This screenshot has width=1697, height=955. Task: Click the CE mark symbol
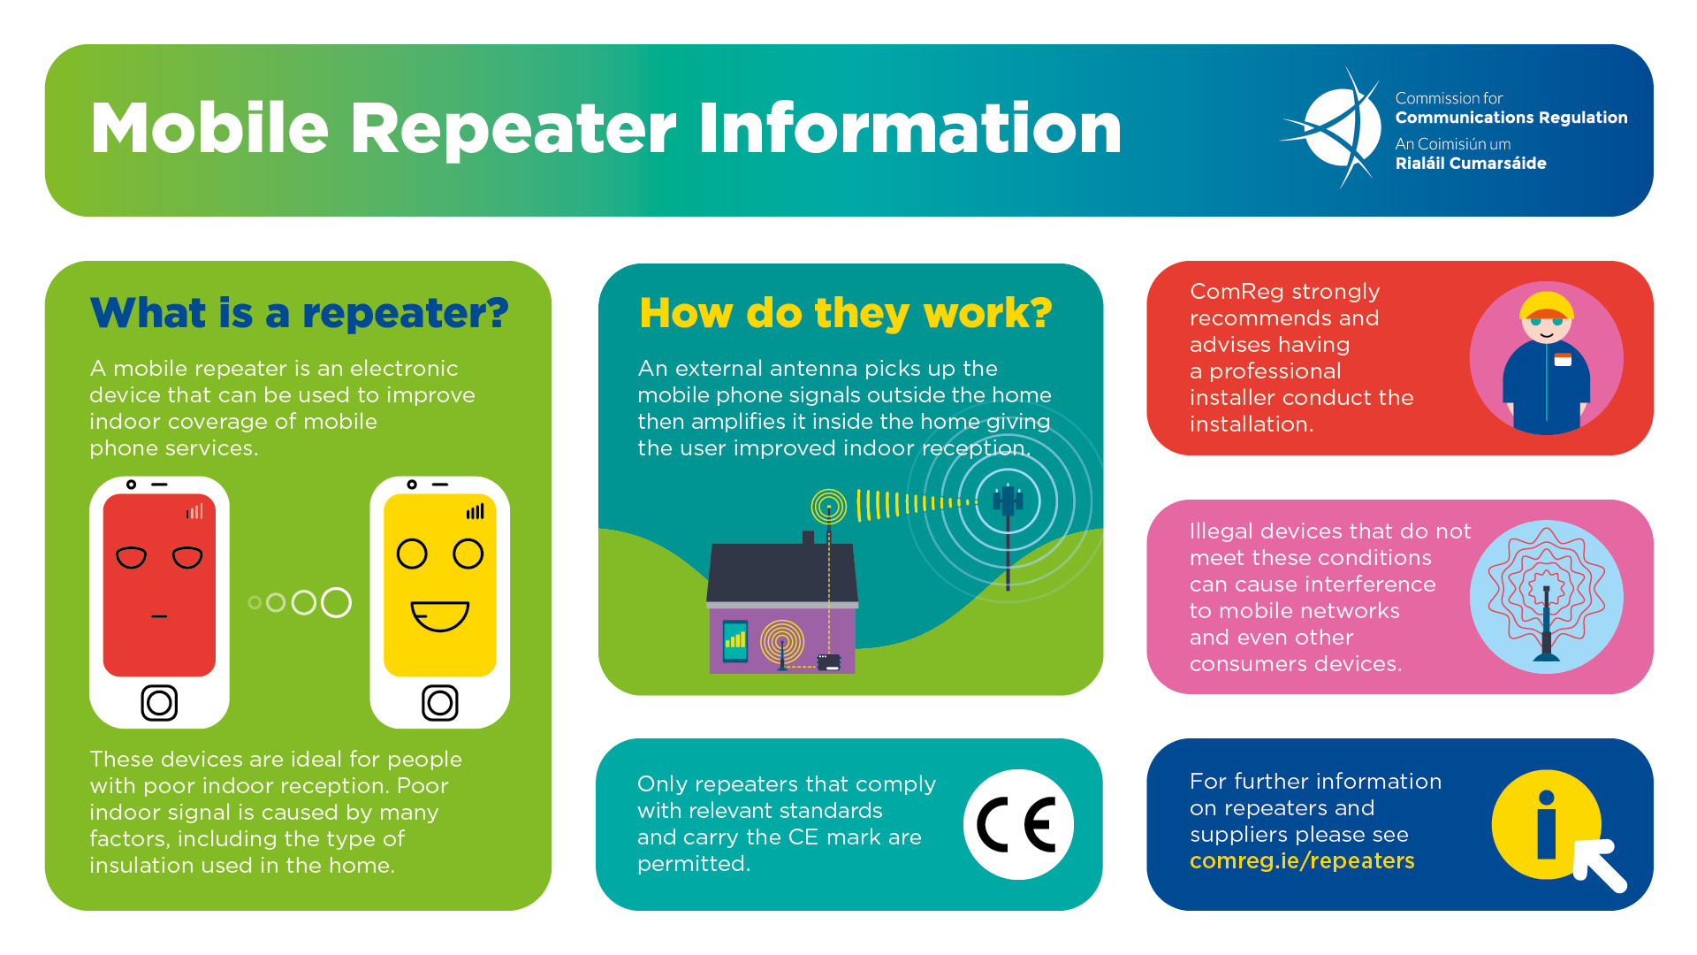click(1017, 824)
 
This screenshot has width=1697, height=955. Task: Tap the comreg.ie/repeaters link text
click(1302, 860)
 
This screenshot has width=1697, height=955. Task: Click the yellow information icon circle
click(1546, 824)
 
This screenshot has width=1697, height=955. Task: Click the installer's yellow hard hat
click(1547, 305)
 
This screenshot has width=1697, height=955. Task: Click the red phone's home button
click(159, 703)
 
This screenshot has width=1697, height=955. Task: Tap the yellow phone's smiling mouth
click(439, 615)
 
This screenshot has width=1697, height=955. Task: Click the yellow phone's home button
click(439, 703)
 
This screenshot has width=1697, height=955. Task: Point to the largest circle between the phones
click(336, 602)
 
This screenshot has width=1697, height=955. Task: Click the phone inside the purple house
click(734, 641)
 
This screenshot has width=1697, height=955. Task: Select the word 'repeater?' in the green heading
click(406, 314)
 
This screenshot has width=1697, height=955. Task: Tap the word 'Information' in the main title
click(910, 129)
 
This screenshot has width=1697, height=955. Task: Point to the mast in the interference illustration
click(1546, 623)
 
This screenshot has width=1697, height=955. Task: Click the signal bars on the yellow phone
click(476, 511)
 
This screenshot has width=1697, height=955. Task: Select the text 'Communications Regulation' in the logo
click(1511, 118)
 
